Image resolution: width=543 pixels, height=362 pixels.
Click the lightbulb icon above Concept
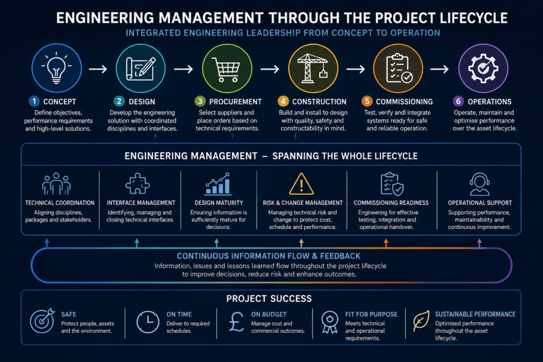point(56,68)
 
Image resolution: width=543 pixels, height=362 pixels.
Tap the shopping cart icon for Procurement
point(226,69)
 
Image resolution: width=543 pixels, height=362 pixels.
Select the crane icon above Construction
point(313,68)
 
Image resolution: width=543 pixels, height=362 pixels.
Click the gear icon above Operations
point(483,68)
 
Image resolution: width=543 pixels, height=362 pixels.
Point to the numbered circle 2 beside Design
point(119,101)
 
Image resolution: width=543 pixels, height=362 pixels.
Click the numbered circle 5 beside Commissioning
point(367,101)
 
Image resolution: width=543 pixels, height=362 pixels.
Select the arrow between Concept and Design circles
point(98,69)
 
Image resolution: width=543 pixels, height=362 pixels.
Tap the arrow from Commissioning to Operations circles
point(440,69)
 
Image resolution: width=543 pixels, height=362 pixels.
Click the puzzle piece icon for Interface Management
point(137,183)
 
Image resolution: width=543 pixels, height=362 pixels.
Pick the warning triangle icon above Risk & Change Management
point(301,184)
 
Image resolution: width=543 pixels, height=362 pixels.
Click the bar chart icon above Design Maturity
point(218,184)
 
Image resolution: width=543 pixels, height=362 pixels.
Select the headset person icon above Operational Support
point(479,184)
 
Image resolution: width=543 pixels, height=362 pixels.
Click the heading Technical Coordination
point(59,203)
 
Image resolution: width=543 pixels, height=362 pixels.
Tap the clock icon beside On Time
point(148,322)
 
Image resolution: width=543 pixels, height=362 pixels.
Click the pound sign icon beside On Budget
point(237,322)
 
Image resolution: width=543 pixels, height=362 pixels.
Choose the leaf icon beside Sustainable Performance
point(421,321)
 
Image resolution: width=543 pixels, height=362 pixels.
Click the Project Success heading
point(269,299)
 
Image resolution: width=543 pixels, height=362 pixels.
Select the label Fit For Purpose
point(371,314)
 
